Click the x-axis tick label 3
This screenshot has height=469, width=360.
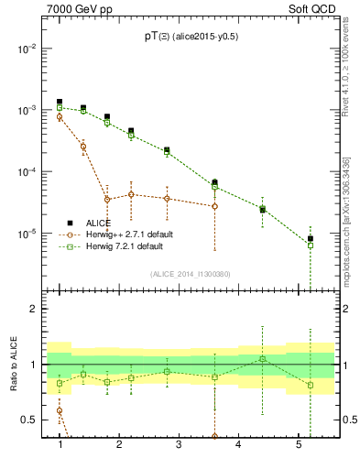179,444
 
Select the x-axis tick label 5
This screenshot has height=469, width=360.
299,444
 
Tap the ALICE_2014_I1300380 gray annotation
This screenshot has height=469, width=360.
190,273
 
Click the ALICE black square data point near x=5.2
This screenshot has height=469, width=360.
311,239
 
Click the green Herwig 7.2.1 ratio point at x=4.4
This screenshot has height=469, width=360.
263,358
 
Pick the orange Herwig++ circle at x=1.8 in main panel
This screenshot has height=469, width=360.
107,199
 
